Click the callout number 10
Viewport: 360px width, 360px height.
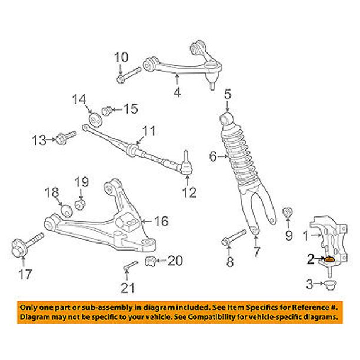click(120, 57)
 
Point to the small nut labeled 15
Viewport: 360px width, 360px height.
click(107, 109)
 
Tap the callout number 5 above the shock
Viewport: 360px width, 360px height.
click(228, 92)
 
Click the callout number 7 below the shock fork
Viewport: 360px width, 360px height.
click(256, 254)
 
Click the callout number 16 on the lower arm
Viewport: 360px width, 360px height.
click(161, 222)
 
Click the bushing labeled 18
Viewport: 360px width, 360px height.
click(66, 209)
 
